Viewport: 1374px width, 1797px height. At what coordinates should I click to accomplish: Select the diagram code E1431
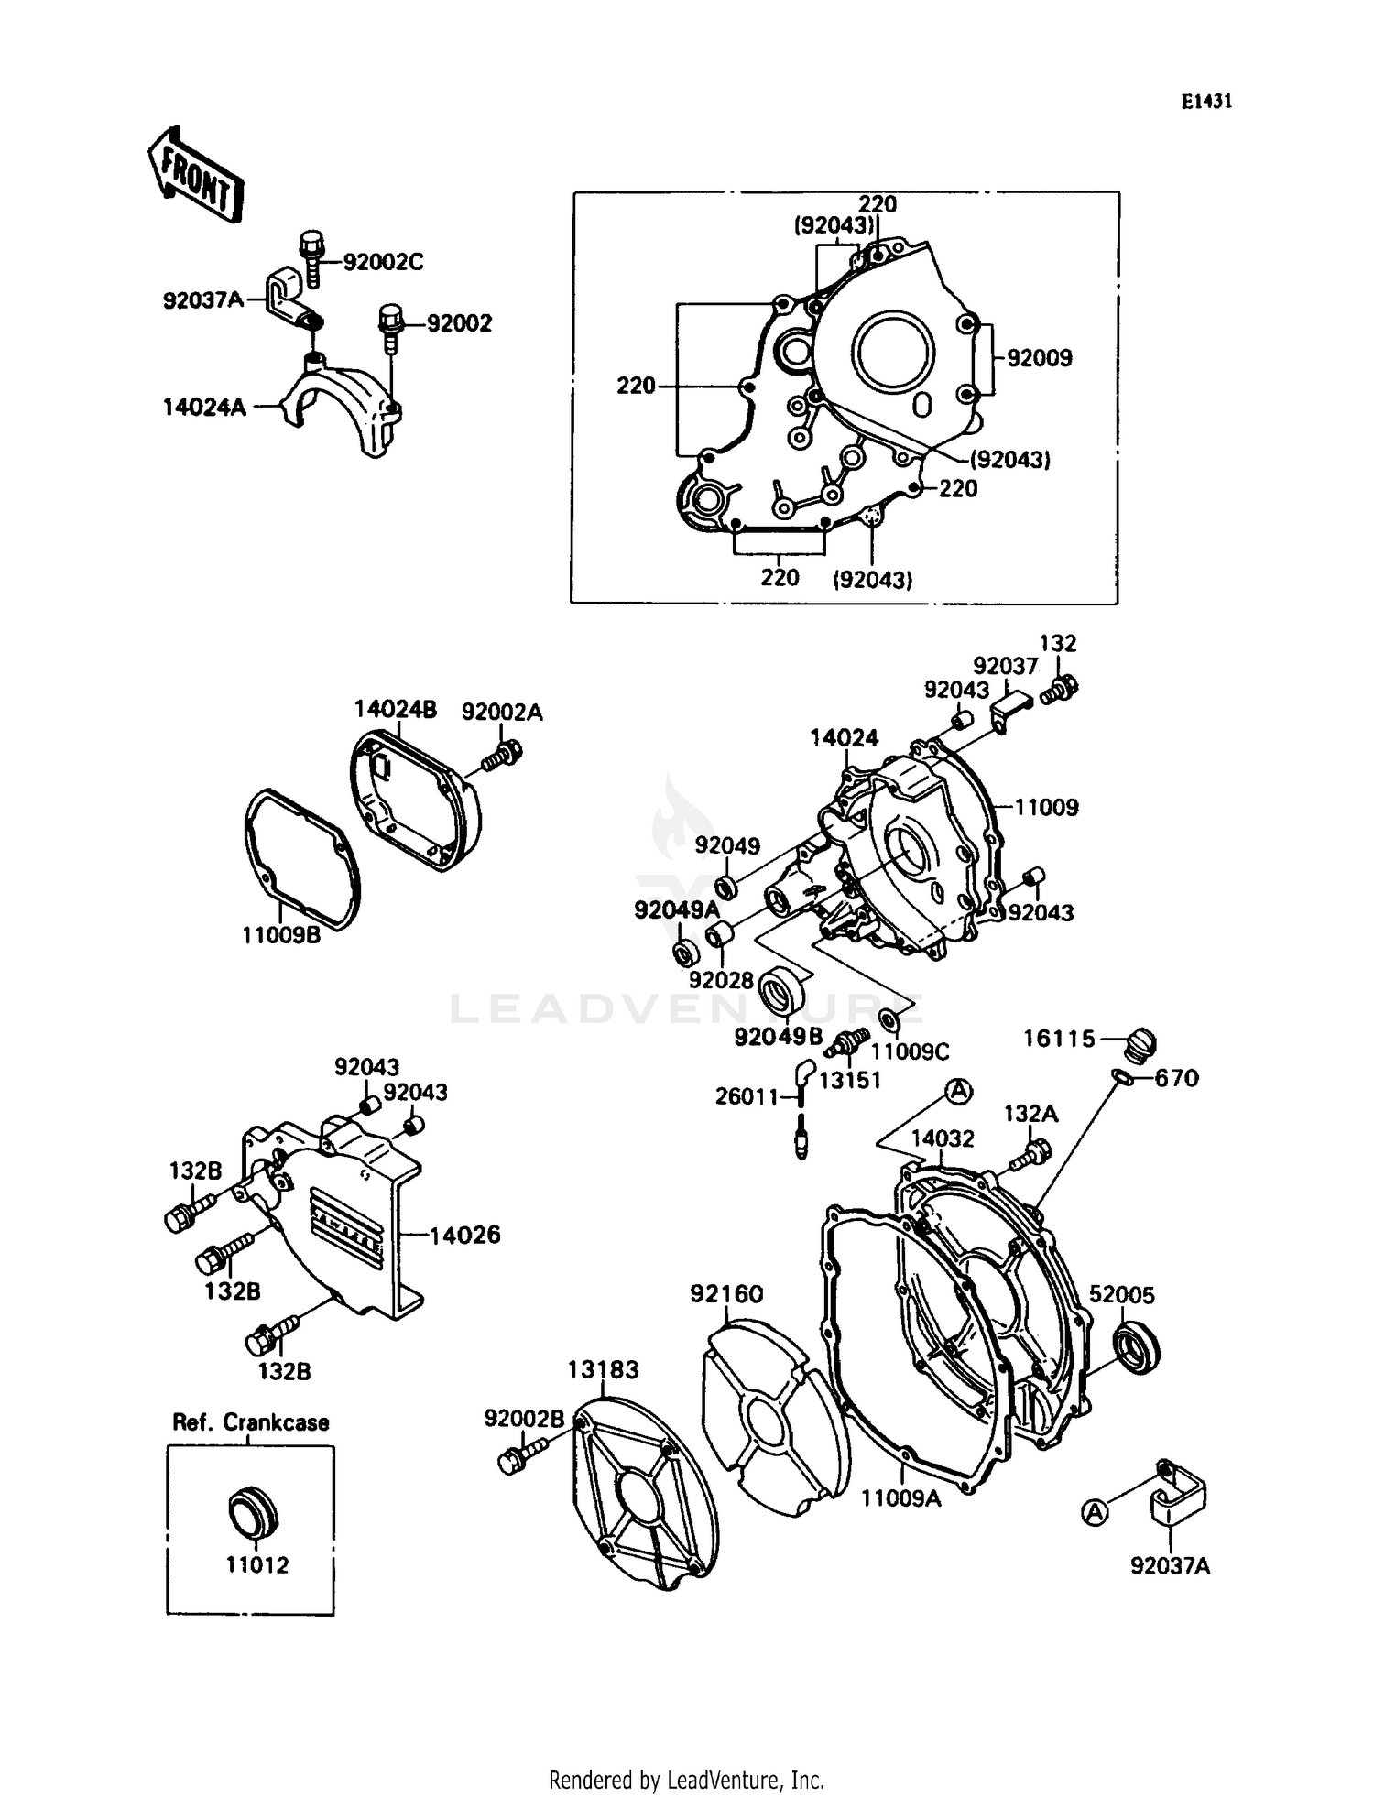(1205, 102)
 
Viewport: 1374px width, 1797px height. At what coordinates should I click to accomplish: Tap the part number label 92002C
(383, 263)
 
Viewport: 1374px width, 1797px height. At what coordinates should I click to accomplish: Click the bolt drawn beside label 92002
(390, 327)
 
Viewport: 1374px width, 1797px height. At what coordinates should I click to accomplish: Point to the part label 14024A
(204, 407)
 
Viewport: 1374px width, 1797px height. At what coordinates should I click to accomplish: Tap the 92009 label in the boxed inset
(1039, 358)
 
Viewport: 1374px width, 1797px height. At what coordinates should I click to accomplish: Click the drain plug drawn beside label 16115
(1140, 1043)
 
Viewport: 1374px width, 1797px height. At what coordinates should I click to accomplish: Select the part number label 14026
(465, 1235)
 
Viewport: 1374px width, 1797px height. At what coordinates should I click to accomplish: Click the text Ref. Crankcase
(250, 1422)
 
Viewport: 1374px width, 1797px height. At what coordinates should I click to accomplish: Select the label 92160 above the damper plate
(726, 1293)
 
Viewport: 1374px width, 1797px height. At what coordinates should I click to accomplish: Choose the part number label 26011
(747, 1096)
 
